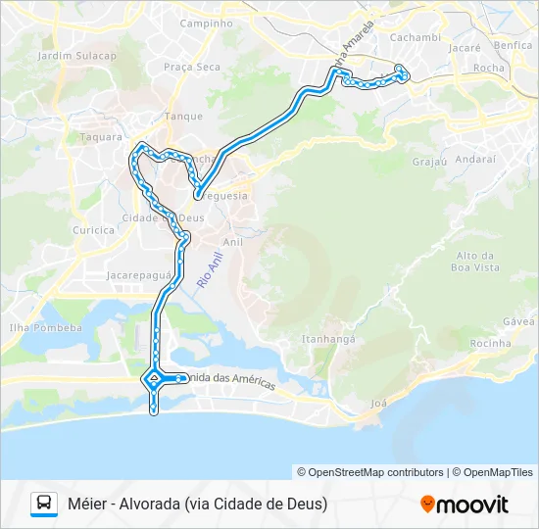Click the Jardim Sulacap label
pos(76,56)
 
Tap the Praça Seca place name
pos(192,67)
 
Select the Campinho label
pos(206,22)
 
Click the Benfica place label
pos(514,45)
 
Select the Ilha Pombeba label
pos(45,327)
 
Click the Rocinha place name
pos(490,343)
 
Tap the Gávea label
pos(518,321)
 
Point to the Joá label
pos(379,403)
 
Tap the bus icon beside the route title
pos(44,504)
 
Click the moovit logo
pos(465,504)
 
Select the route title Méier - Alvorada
pos(197,504)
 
